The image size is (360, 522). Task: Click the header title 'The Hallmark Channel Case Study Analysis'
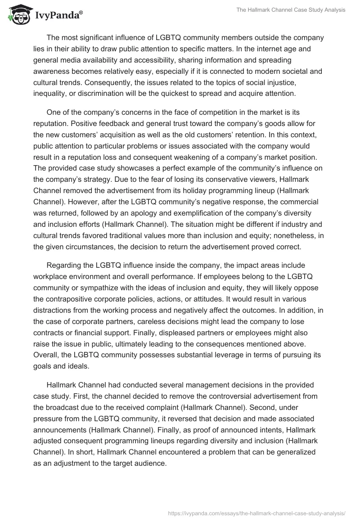point(291,10)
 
